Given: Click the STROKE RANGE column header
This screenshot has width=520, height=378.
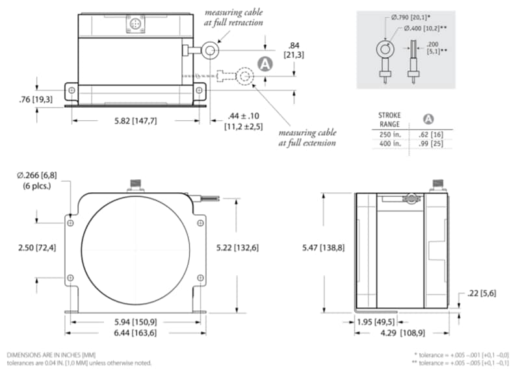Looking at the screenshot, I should [391, 119].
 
